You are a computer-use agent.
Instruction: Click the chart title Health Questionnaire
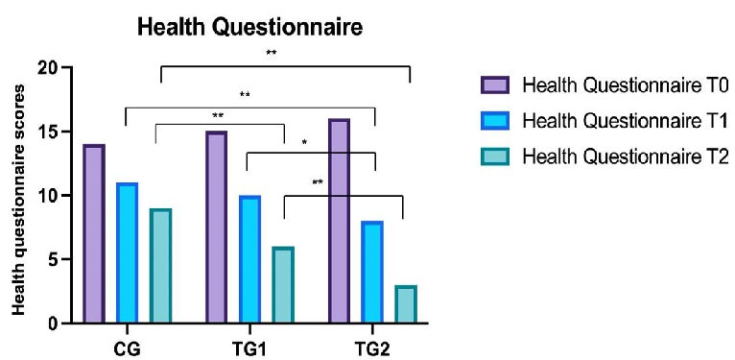tap(250, 29)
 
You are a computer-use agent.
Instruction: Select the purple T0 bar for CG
tap(93, 234)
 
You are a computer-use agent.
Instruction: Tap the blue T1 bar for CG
tap(127, 252)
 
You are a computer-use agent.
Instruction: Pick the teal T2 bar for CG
tap(160, 266)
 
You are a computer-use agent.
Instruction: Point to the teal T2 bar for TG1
tap(283, 285)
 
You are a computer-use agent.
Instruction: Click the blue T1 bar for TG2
tap(372, 273)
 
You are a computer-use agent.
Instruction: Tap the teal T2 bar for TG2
tap(405, 304)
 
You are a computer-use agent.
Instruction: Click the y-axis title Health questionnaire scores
tap(17, 196)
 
